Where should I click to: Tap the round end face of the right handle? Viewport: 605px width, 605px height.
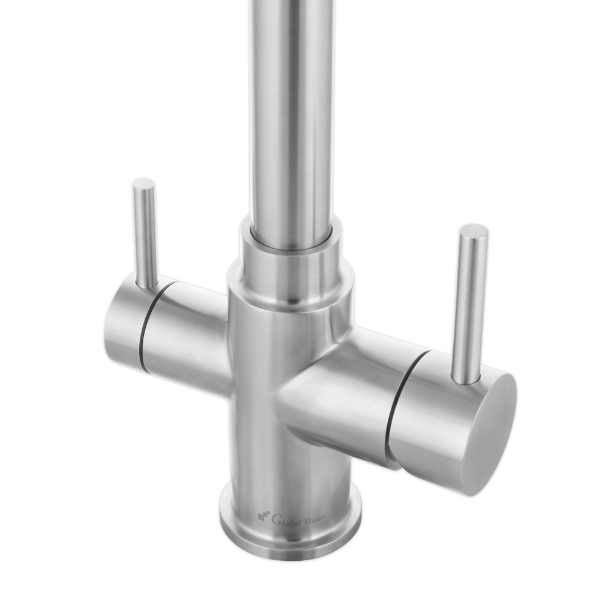coord(493,435)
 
